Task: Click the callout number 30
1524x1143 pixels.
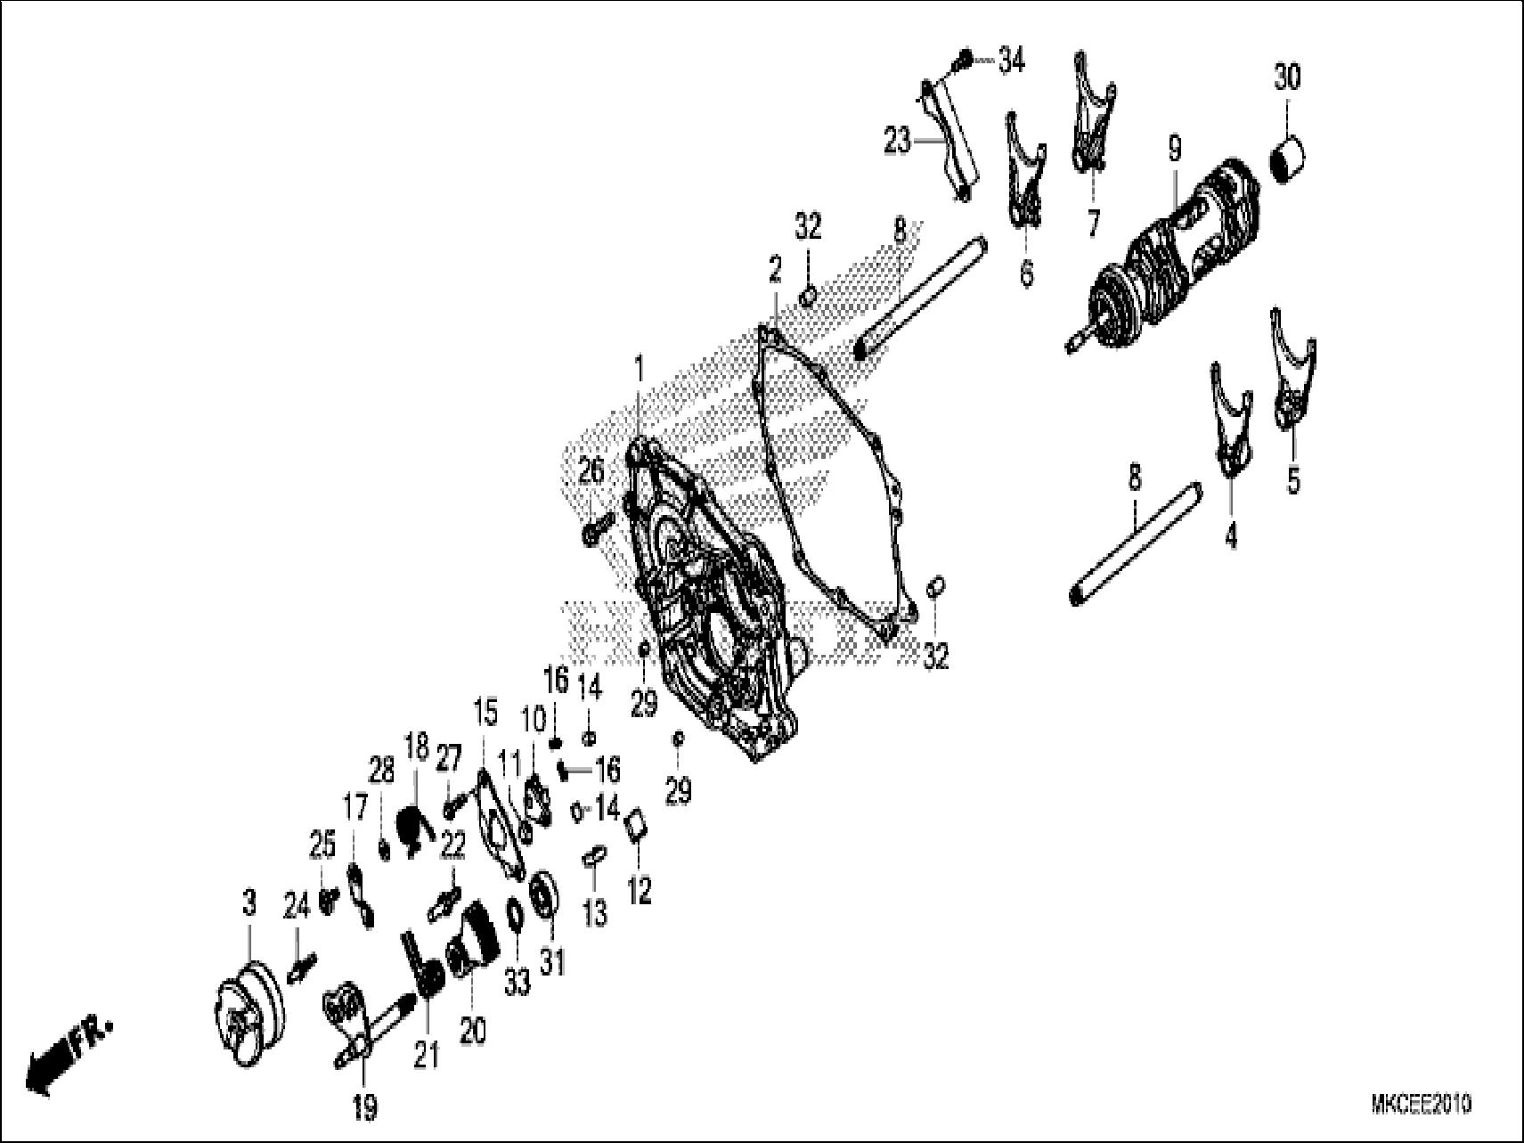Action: (x=1286, y=78)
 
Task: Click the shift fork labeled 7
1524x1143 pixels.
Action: (x=1089, y=116)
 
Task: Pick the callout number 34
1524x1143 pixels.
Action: (x=1011, y=61)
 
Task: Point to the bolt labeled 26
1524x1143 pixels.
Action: (x=595, y=528)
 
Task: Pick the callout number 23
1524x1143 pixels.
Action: (x=898, y=141)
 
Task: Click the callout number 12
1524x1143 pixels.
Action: (x=640, y=889)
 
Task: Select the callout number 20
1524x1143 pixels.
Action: (x=472, y=1031)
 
